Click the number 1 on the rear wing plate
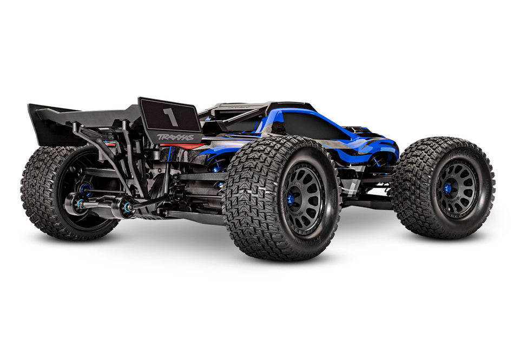170,117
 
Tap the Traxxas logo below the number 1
175,137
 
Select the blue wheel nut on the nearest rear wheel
291,200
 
